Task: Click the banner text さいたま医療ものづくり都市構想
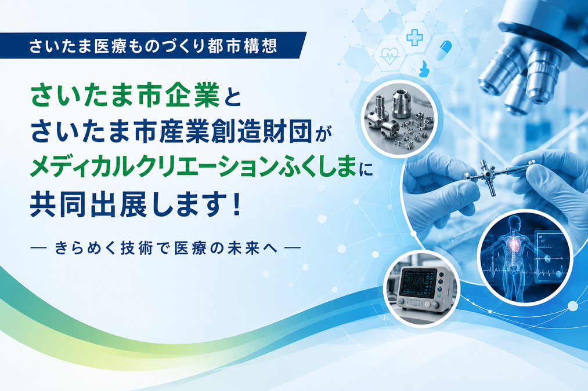[x=153, y=46]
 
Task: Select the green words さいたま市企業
[x=125, y=96]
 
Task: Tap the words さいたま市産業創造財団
[x=171, y=132]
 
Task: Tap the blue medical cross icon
[x=415, y=38]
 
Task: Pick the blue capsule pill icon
[x=443, y=51]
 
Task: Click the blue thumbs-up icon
[x=424, y=70]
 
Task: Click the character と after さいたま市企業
[x=231, y=97]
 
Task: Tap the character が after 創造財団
[x=324, y=136]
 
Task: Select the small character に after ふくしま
[x=366, y=170]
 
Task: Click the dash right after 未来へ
[x=293, y=247]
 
